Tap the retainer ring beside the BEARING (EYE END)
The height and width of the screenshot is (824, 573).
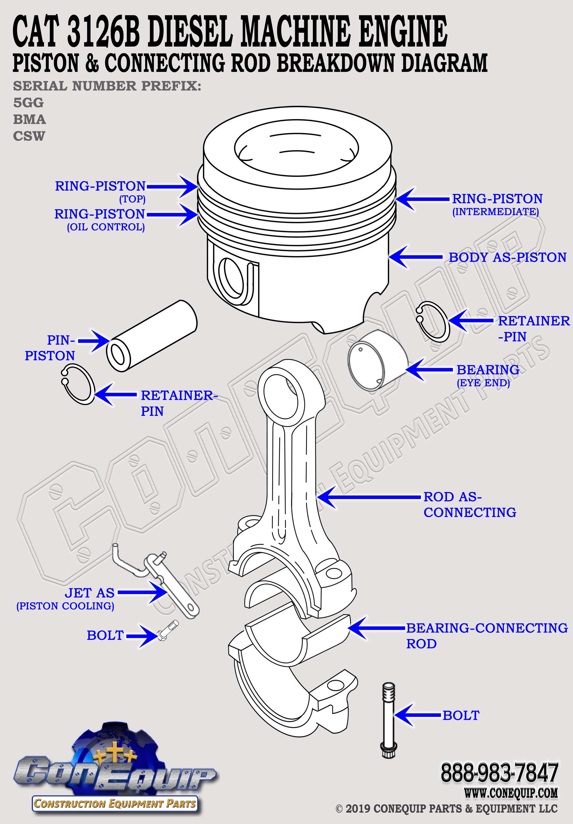click(433, 321)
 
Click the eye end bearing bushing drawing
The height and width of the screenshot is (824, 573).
click(377, 364)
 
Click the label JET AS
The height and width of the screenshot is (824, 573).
click(90, 593)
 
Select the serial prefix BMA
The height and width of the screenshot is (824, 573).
click(29, 119)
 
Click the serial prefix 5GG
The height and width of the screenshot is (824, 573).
click(28, 103)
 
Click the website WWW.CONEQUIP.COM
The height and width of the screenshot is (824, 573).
click(511, 792)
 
